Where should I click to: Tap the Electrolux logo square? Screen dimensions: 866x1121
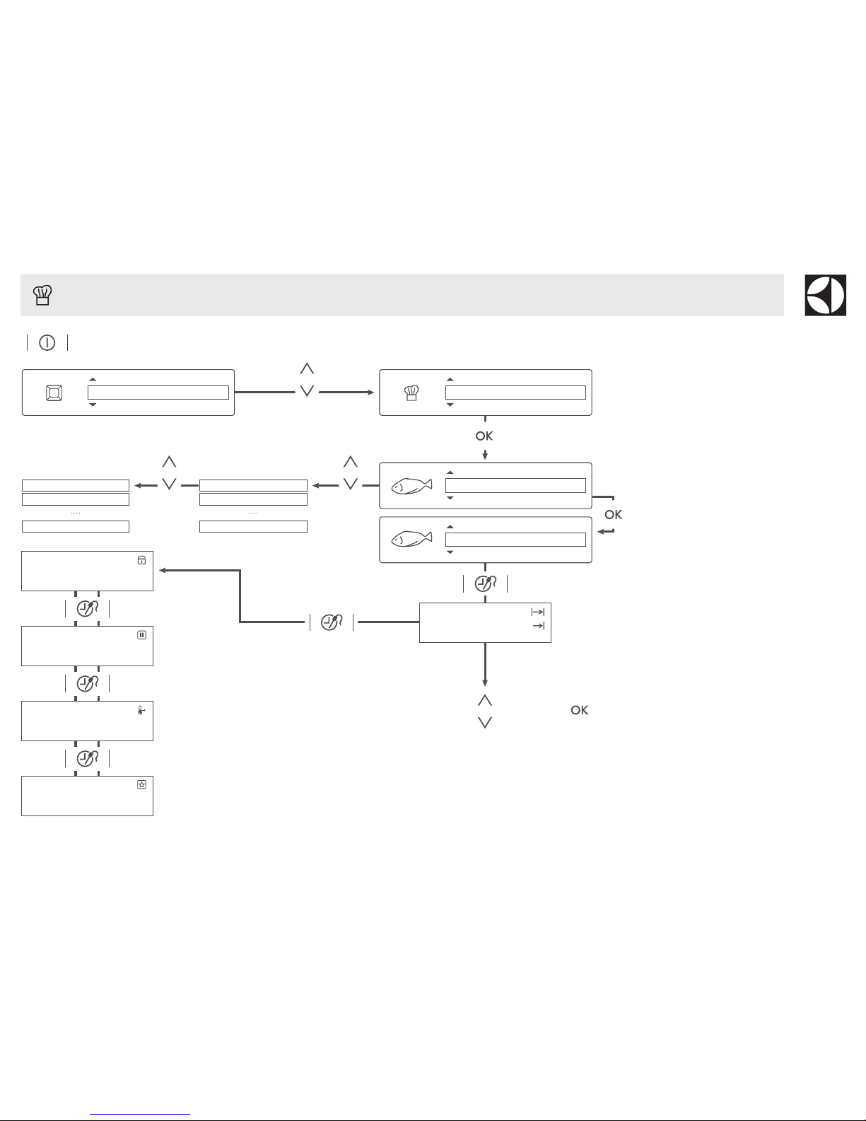pos(826,295)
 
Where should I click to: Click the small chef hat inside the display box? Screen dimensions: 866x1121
pos(411,393)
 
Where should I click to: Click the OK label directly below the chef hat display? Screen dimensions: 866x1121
pos(484,436)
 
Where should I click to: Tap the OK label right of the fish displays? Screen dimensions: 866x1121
pos(614,514)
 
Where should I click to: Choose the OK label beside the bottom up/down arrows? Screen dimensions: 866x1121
pos(580,710)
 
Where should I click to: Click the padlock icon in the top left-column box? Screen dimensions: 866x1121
pos(141,560)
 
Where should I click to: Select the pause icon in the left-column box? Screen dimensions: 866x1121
pos(141,635)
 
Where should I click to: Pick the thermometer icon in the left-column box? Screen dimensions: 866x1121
pos(141,710)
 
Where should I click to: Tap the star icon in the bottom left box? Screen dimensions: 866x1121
pos(141,785)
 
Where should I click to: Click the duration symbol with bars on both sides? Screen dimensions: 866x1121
pos(537,612)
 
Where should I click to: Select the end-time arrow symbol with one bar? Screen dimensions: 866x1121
pos(538,626)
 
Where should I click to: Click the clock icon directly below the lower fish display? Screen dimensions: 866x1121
pos(485,584)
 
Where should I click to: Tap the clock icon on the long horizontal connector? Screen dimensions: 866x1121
pos(331,622)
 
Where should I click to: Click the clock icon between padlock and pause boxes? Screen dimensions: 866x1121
pos(86,608)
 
